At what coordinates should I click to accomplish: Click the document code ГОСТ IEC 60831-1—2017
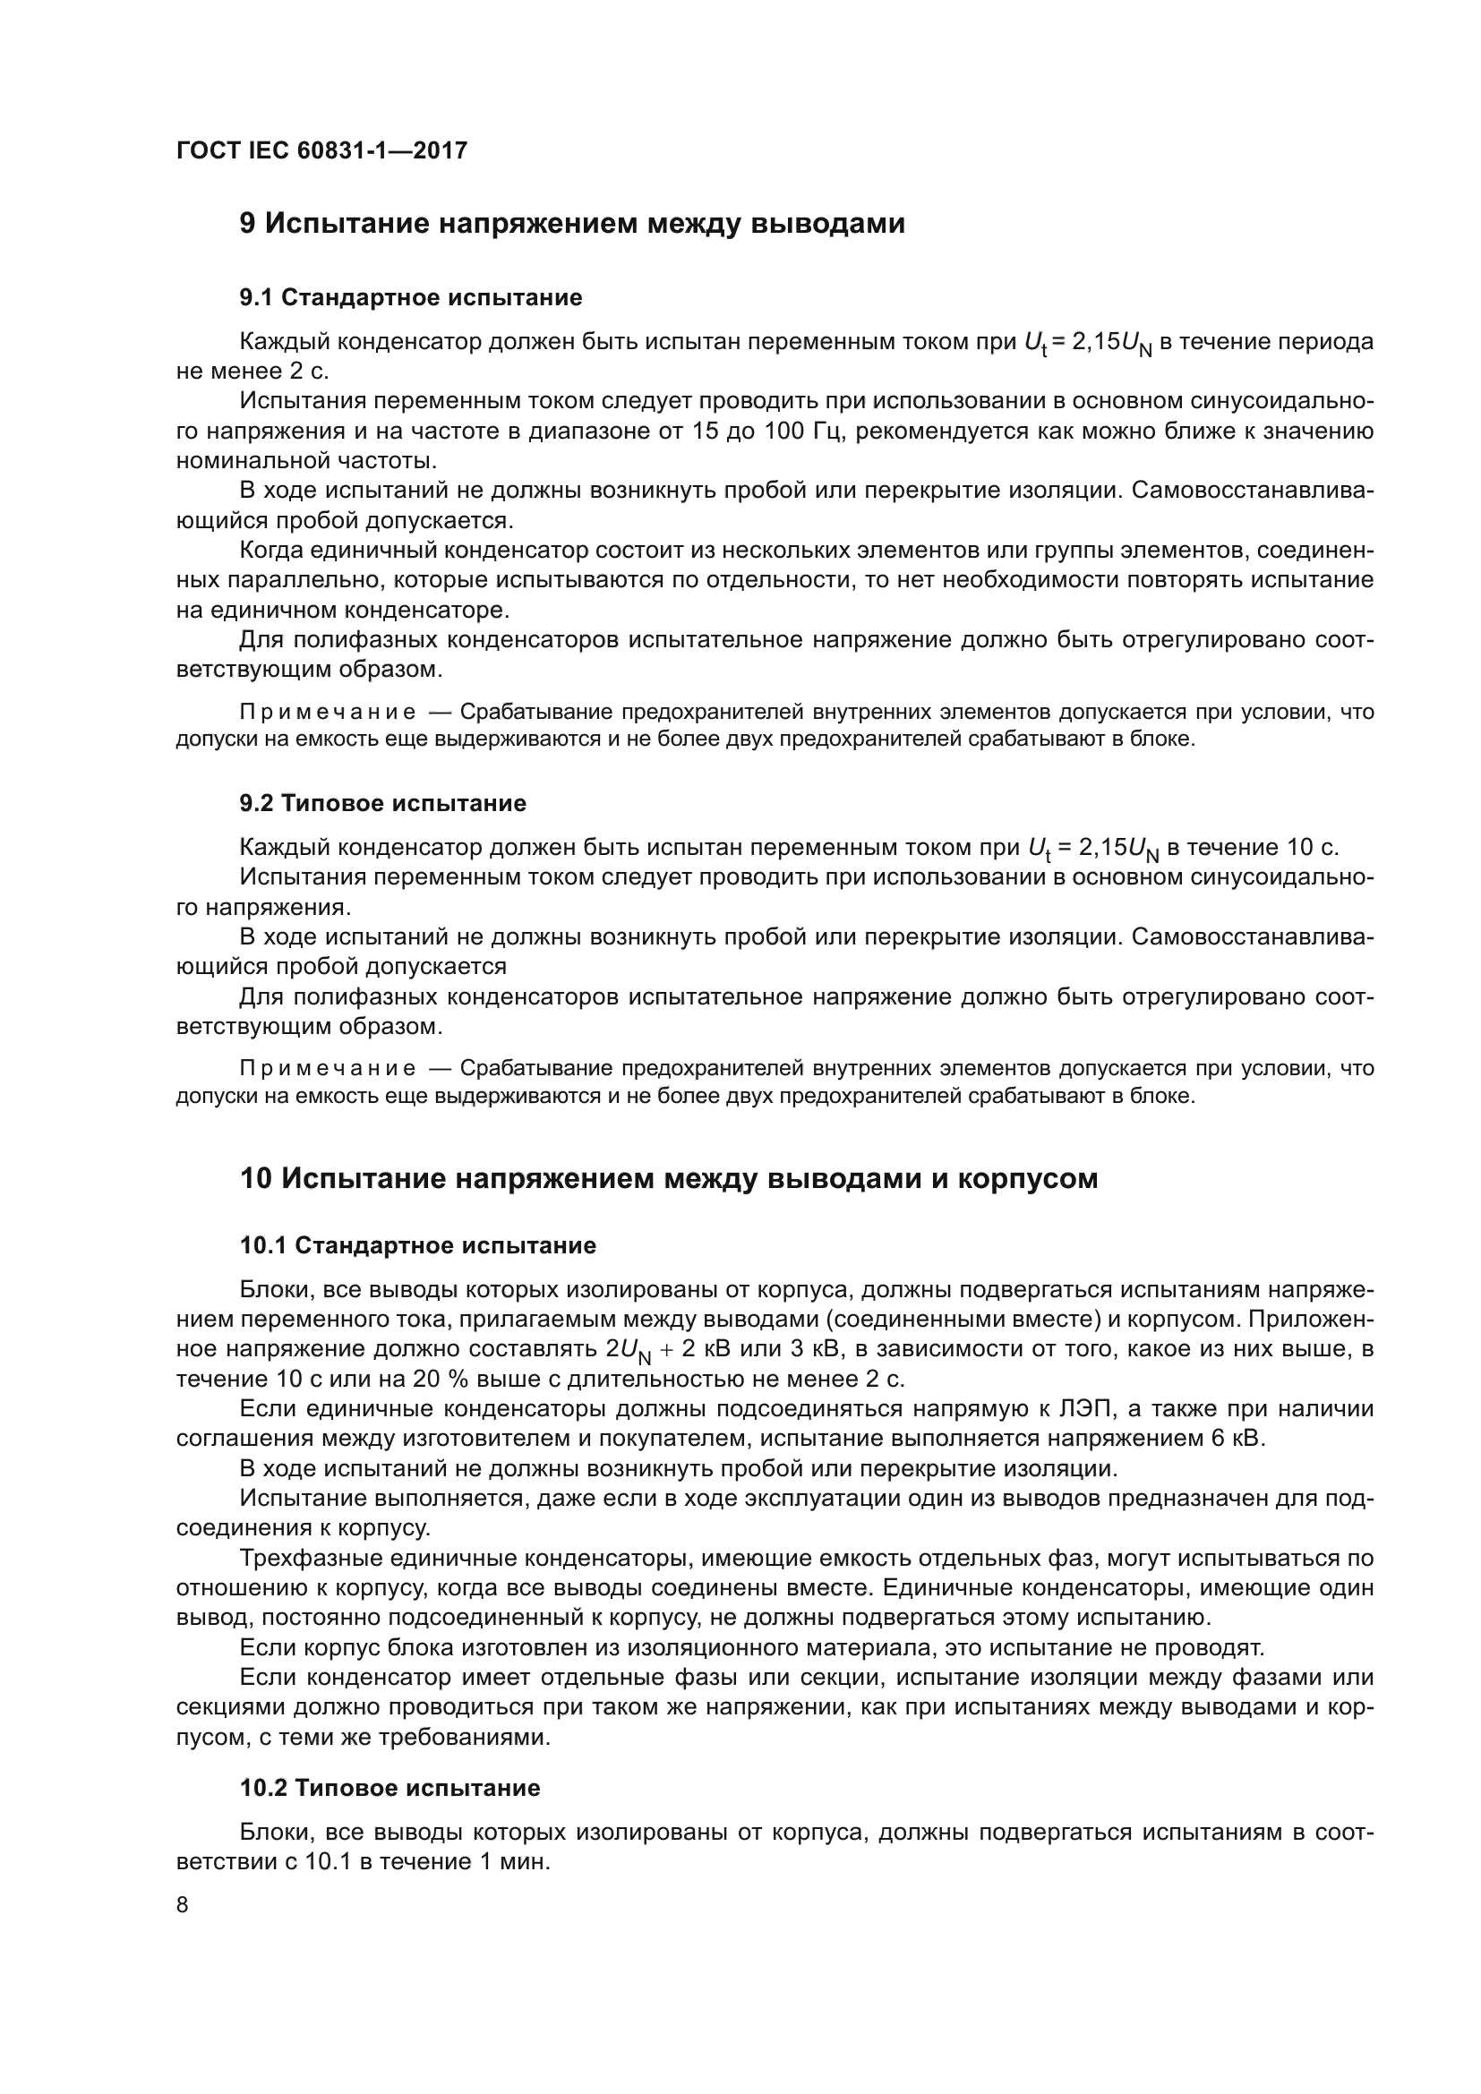click(x=321, y=150)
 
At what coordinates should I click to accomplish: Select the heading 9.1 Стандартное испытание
click(x=410, y=297)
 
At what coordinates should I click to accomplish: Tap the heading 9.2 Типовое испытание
click(x=383, y=803)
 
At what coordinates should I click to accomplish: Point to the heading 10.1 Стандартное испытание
click(x=417, y=1245)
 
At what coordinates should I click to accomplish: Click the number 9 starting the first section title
click(x=247, y=224)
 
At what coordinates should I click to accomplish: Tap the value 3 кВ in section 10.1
click(x=824, y=1349)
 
